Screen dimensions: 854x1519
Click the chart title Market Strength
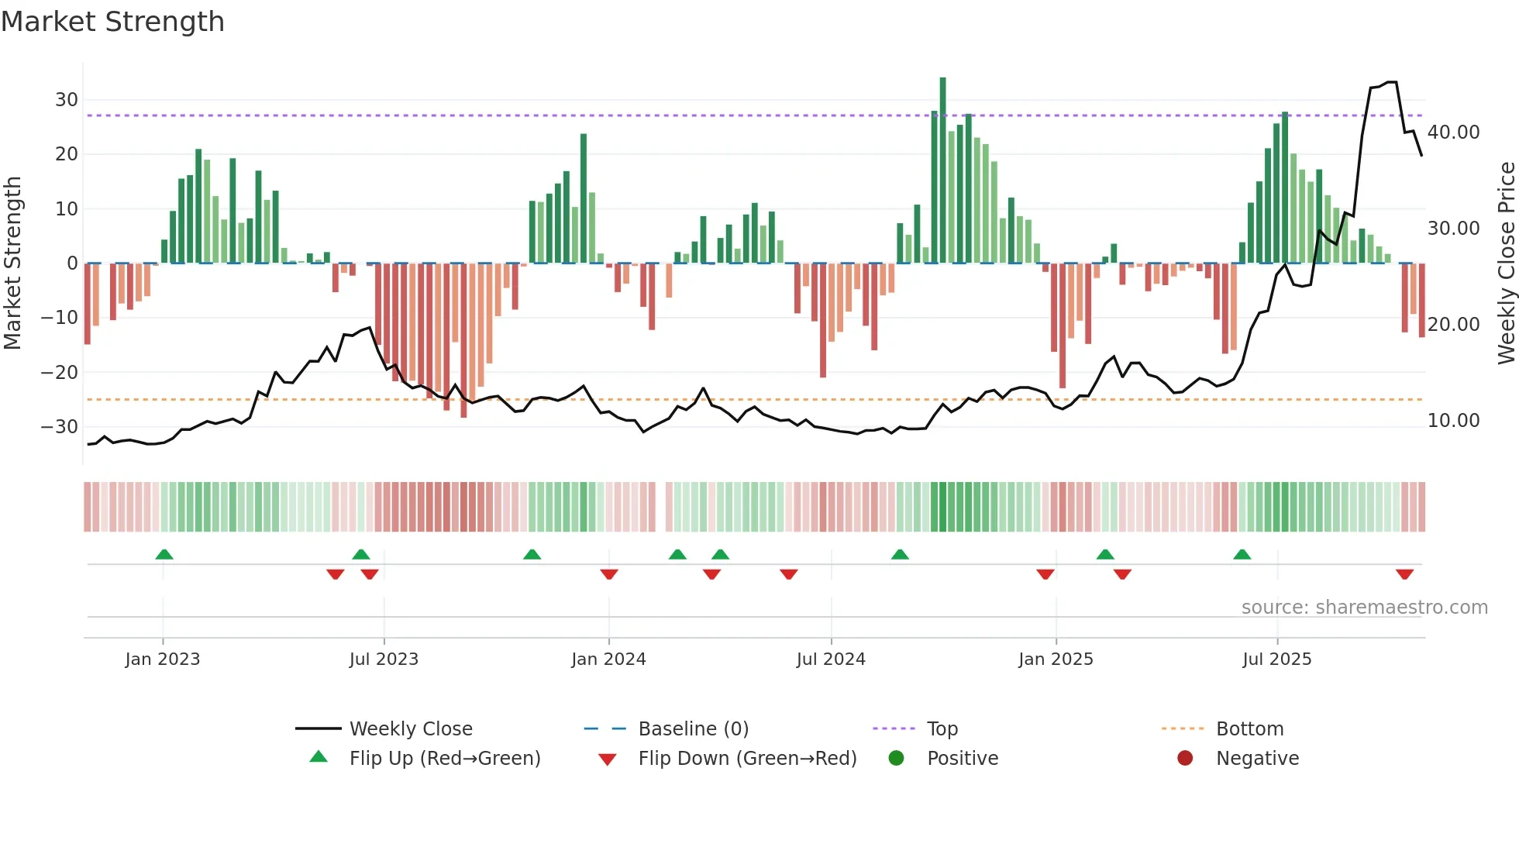[112, 22]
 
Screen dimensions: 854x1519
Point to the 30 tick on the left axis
[67, 100]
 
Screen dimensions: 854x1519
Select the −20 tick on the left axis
[60, 373]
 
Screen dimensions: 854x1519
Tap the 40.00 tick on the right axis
[1453, 133]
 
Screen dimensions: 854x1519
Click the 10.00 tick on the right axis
[1453, 421]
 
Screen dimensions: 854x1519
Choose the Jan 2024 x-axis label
[608, 659]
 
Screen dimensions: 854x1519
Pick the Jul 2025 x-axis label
[1276, 659]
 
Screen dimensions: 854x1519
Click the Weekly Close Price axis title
[1506, 263]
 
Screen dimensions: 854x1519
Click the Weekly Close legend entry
[410, 729]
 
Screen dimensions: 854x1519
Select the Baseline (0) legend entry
[693, 729]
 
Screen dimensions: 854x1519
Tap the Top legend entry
[942, 729]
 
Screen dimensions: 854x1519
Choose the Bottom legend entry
[1249, 729]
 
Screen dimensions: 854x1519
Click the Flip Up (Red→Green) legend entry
[444, 759]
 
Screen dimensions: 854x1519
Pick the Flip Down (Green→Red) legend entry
[747, 759]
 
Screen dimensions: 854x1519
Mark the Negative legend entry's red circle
[1185, 759]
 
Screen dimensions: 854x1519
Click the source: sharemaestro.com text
[1364, 608]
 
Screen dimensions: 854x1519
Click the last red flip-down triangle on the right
[1404, 574]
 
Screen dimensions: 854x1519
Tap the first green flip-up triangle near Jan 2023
[164, 554]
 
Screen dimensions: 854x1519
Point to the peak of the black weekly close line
[1392, 82]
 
